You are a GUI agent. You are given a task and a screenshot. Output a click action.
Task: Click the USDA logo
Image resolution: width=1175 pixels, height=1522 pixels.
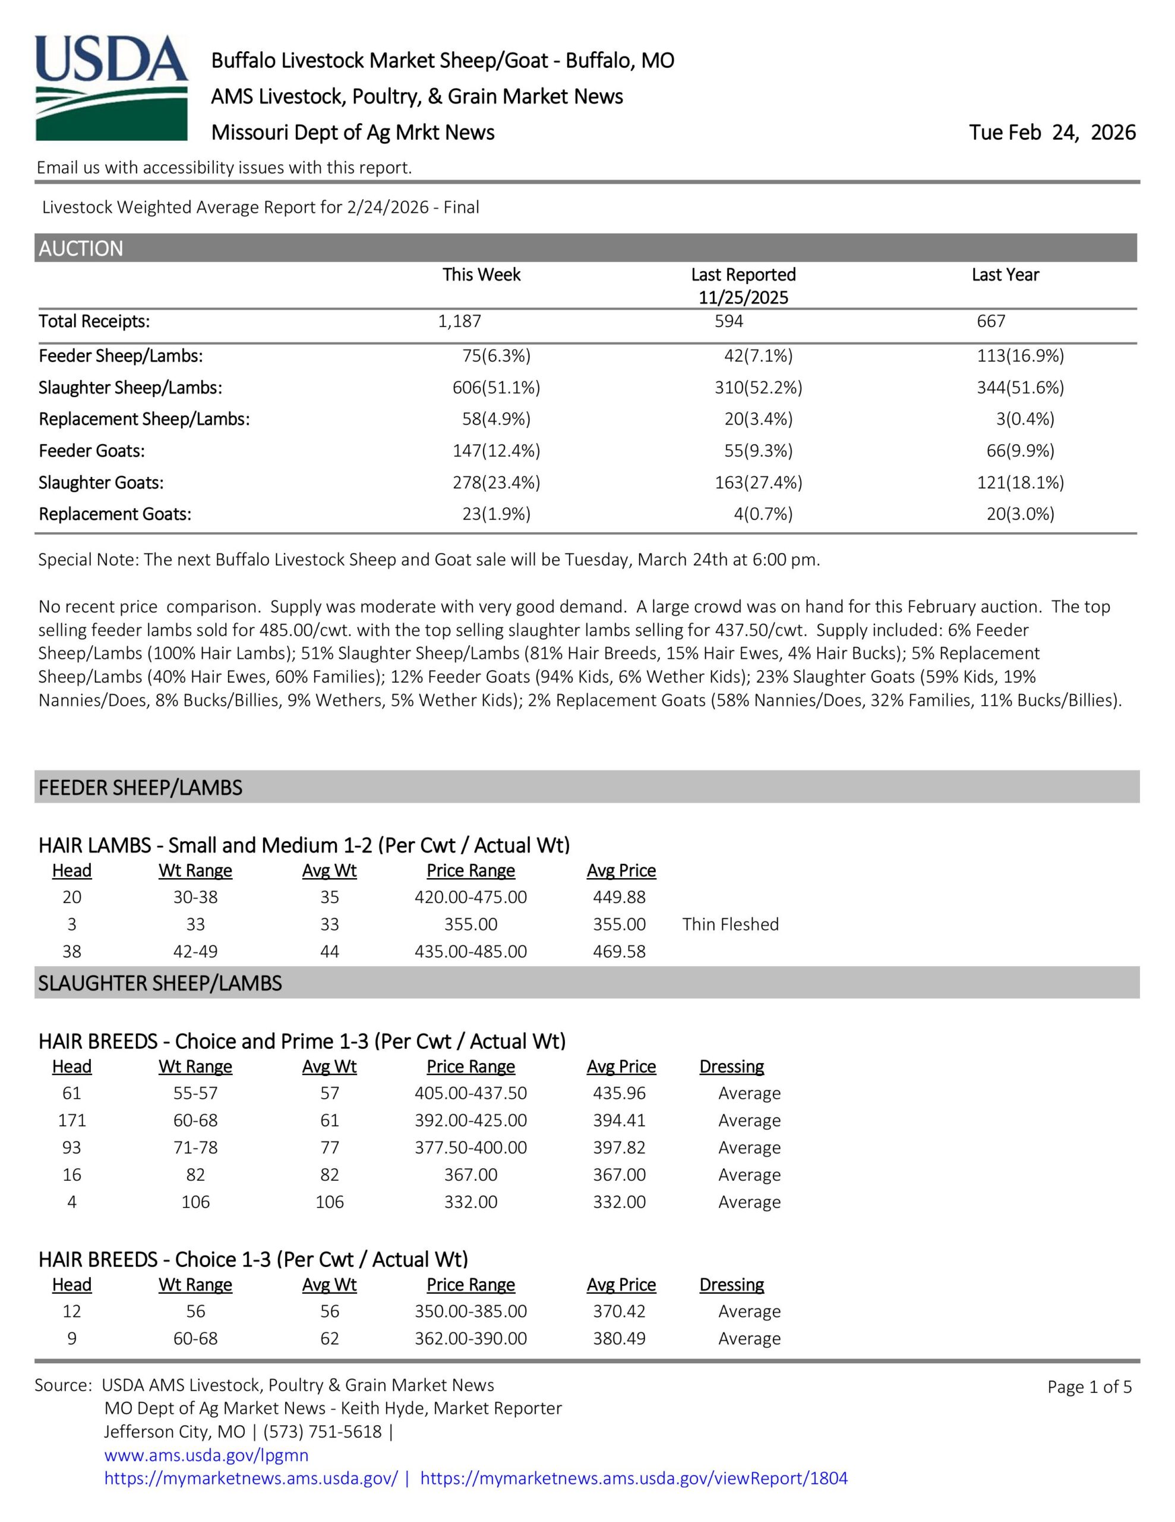click(112, 88)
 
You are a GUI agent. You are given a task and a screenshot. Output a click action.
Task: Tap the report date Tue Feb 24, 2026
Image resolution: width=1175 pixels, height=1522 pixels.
click(1051, 133)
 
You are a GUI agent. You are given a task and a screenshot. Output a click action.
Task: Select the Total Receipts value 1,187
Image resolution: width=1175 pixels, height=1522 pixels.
click(460, 321)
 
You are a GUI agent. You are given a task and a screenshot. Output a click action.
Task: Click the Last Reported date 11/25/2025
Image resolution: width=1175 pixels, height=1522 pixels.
click(743, 298)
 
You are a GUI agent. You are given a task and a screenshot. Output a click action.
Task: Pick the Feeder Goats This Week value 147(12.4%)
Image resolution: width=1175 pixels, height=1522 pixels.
click(496, 451)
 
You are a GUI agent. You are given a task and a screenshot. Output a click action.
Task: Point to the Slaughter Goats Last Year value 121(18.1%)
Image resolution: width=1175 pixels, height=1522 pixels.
click(1020, 482)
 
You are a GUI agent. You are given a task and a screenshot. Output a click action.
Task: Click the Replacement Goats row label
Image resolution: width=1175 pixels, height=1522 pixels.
click(115, 514)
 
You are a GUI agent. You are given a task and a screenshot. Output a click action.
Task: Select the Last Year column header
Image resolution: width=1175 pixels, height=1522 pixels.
click(1005, 275)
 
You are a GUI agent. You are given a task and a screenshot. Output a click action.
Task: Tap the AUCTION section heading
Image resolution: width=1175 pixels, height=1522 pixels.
click(81, 248)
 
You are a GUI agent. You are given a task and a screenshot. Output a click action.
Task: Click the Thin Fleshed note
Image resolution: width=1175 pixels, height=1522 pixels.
click(730, 924)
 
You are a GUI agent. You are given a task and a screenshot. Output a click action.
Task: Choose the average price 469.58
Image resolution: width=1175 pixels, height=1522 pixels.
click(619, 951)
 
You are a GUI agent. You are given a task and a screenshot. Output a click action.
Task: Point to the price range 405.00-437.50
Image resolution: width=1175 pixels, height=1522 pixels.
click(471, 1093)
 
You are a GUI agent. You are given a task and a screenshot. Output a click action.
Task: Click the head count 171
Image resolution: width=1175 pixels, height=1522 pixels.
click(72, 1120)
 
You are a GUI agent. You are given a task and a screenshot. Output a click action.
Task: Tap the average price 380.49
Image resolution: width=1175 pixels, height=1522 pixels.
click(619, 1338)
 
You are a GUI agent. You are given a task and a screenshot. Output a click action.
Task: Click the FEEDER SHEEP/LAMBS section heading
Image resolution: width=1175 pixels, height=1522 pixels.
click(140, 788)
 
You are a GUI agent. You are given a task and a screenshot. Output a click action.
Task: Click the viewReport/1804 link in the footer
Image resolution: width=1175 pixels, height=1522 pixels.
click(634, 1478)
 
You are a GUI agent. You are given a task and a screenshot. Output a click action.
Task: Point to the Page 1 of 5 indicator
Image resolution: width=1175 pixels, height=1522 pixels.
click(1089, 1387)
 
